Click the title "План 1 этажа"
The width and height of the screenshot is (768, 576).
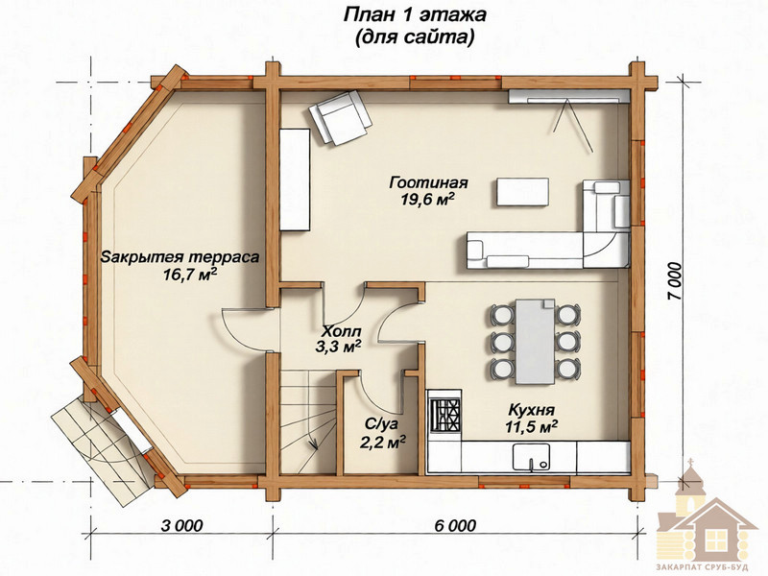pyautogui.click(x=414, y=15)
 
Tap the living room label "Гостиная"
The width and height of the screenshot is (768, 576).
pyautogui.click(x=428, y=183)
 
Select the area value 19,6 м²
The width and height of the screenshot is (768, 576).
pyautogui.click(x=428, y=201)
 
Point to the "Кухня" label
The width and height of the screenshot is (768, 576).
pyautogui.click(x=532, y=410)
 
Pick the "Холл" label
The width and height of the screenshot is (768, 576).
pyautogui.click(x=340, y=329)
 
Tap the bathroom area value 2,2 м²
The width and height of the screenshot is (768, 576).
pyautogui.click(x=382, y=442)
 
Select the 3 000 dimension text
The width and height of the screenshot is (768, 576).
pyautogui.click(x=181, y=525)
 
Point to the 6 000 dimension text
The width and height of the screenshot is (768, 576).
pyautogui.click(x=455, y=525)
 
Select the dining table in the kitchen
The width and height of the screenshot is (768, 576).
pyautogui.click(x=535, y=342)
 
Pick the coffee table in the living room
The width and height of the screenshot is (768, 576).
pyautogui.click(x=522, y=191)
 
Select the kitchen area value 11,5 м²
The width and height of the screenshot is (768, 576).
pyautogui.click(x=532, y=426)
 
